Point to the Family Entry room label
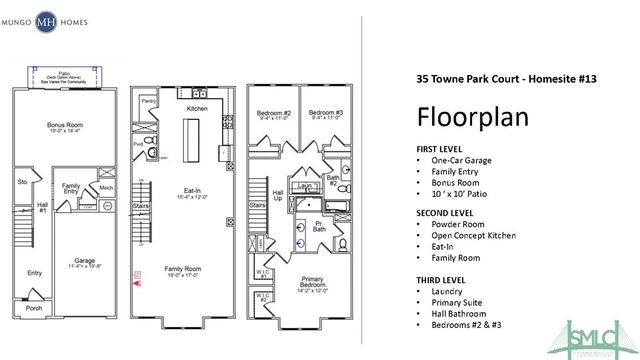[x=71, y=189]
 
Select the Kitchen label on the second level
[x=196, y=107]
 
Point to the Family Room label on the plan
[x=188, y=268]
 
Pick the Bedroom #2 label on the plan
[x=273, y=112]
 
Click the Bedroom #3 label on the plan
[x=325, y=112]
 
